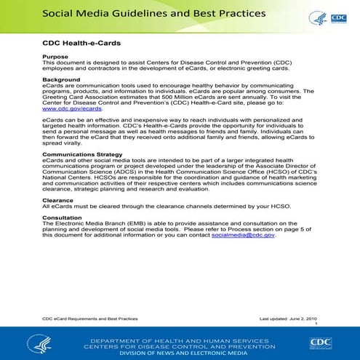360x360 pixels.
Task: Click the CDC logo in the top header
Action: (x=338, y=17)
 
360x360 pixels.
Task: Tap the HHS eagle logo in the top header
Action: (x=317, y=17)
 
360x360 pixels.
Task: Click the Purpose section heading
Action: (x=55, y=57)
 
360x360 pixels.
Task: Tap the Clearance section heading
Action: (x=57, y=199)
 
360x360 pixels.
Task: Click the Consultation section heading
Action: (x=64, y=219)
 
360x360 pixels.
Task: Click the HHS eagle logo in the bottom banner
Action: (x=39, y=343)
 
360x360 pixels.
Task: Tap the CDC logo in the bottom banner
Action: (x=320, y=343)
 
